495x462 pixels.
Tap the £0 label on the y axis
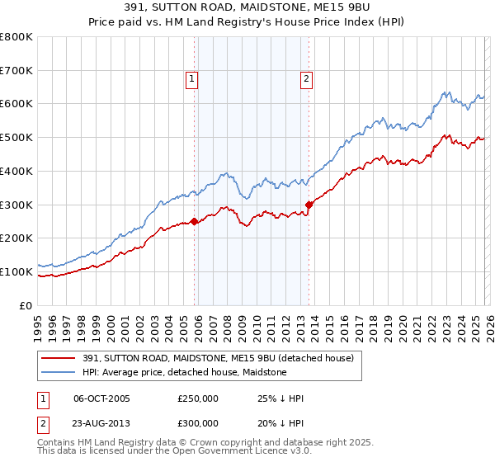coord(26,305)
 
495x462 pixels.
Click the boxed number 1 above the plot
coord(191,79)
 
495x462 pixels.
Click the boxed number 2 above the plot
coord(306,79)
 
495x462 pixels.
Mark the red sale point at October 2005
coord(194,221)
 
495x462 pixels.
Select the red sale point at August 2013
coord(309,205)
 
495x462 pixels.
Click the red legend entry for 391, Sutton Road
coord(218,358)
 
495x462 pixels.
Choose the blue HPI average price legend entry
coord(184,372)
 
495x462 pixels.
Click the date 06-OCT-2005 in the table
coord(102,398)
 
